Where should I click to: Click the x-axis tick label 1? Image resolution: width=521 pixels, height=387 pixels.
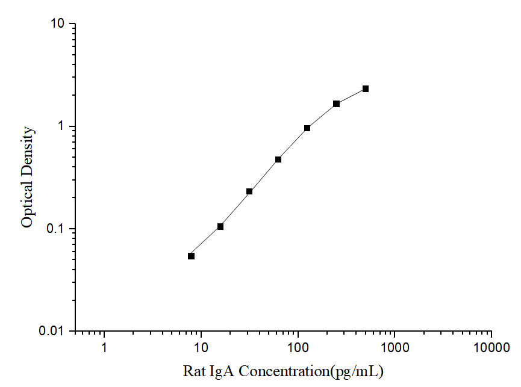(x=104, y=348)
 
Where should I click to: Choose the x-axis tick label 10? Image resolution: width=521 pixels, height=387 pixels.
(x=201, y=348)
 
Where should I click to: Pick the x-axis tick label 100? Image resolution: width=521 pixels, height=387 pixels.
(x=298, y=348)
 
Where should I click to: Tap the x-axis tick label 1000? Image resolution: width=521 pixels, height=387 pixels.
(x=395, y=348)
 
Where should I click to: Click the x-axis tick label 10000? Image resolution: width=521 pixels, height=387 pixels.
(x=491, y=348)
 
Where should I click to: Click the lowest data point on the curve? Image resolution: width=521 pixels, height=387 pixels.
(x=192, y=256)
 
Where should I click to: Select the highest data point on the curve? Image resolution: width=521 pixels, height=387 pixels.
(x=366, y=89)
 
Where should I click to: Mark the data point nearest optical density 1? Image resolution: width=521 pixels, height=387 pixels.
(x=307, y=128)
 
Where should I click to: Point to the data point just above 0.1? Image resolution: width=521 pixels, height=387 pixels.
(x=220, y=226)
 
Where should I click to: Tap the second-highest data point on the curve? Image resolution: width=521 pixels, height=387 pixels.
(x=336, y=104)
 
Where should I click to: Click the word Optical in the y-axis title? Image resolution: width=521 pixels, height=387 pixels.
(x=27, y=205)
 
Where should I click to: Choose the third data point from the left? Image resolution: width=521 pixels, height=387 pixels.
(x=249, y=191)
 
